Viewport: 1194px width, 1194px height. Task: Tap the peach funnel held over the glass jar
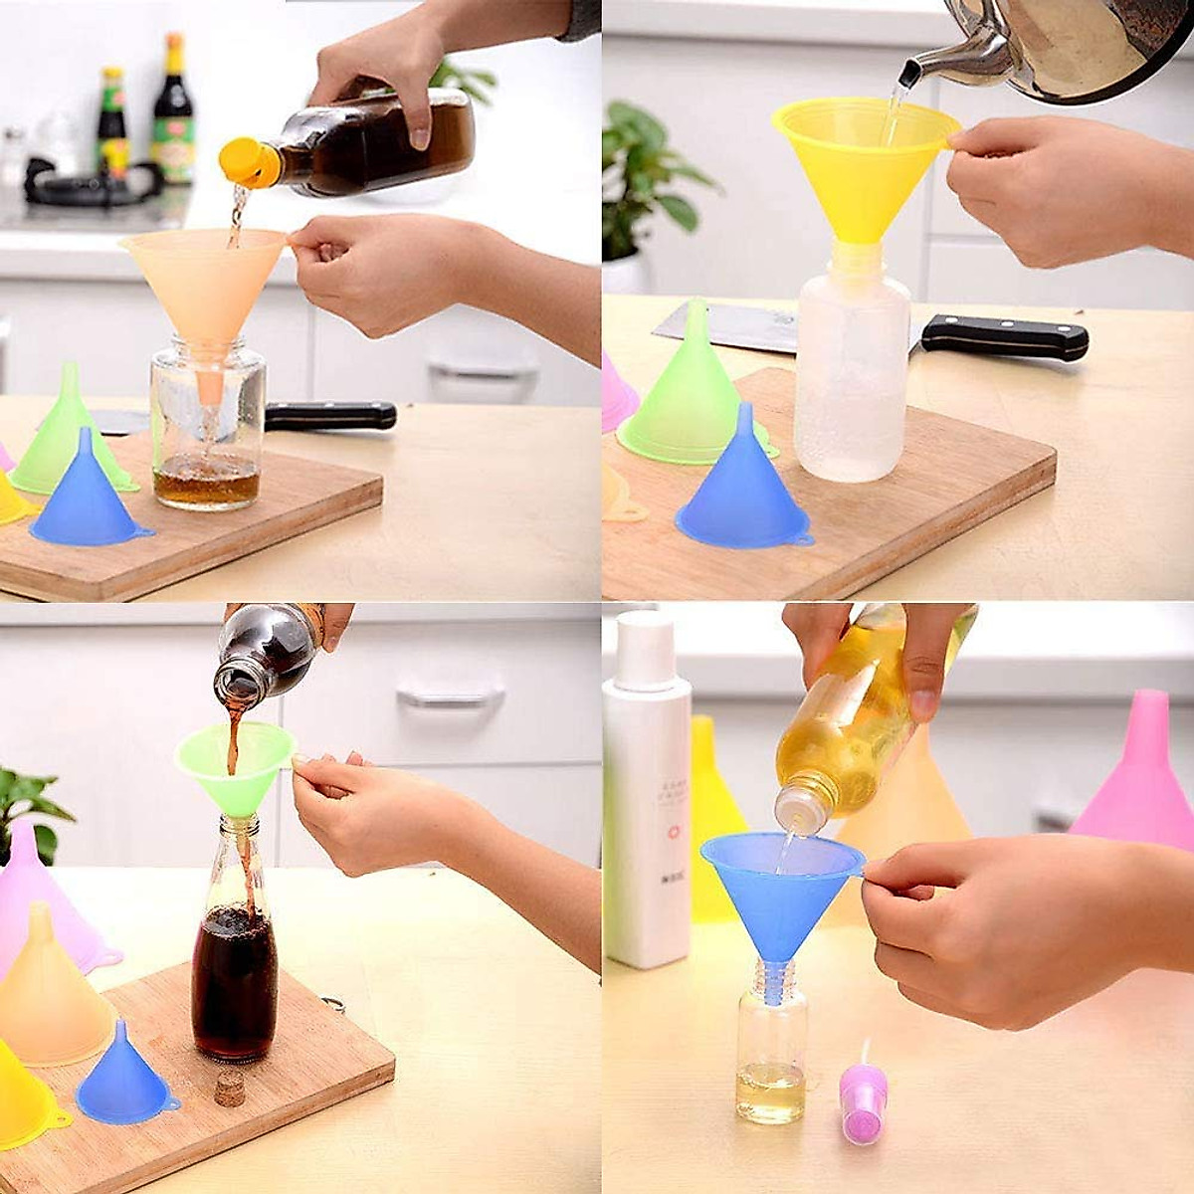pos(205,284)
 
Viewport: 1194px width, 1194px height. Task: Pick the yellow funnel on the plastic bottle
pos(861,169)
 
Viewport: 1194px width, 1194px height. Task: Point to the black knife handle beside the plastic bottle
pos(1005,338)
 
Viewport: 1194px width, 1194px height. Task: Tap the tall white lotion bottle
pos(647,796)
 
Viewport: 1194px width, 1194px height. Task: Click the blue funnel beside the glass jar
pos(88,497)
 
